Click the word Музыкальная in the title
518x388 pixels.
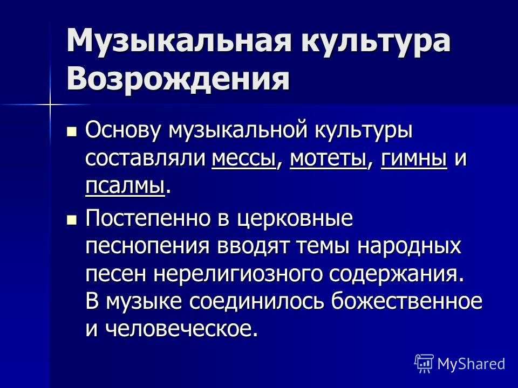pyautogui.click(x=179, y=40)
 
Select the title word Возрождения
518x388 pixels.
pyautogui.click(x=178, y=79)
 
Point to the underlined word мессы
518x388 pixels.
pyautogui.click(x=244, y=158)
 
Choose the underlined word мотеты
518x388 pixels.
pyautogui.click(x=329, y=158)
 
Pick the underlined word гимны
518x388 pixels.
pyautogui.click(x=414, y=158)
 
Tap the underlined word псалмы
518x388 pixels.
pyautogui.click(x=125, y=186)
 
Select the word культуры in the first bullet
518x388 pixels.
pyautogui.click(x=363, y=130)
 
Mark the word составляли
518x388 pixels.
pyautogui.click(x=145, y=158)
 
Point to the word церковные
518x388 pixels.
pyautogui.click(x=295, y=218)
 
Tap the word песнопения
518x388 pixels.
pyautogui.click(x=147, y=246)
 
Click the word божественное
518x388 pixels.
pyautogui.click(x=407, y=301)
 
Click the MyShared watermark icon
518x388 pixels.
pyautogui.click(x=424, y=363)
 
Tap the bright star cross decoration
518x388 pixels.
pyautogui.click(x=50, y=105)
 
